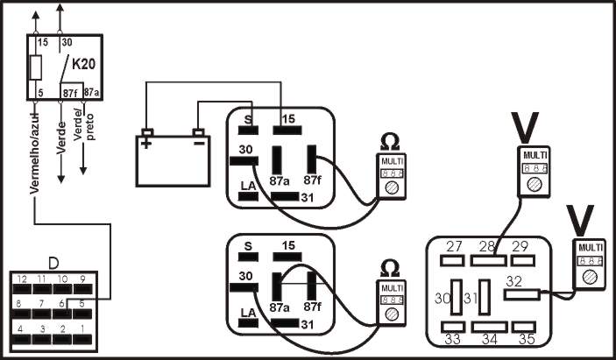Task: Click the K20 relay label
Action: click(83, 64)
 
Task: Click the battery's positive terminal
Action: click(147, 133)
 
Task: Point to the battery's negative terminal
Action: click(198, 133)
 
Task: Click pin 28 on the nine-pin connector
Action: click(485, 259)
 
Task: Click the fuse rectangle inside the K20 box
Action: click(36, 67)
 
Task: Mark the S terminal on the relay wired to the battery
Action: click(248, 130)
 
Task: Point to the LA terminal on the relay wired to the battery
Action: click(248, 195)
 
